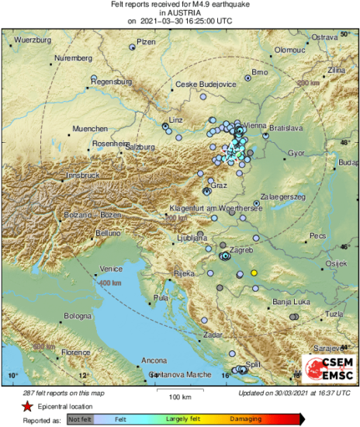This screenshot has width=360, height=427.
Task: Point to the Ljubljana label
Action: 193,238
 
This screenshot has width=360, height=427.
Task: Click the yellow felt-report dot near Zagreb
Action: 254,273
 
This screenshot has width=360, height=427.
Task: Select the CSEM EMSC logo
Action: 327,367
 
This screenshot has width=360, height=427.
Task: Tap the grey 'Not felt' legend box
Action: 81,418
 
